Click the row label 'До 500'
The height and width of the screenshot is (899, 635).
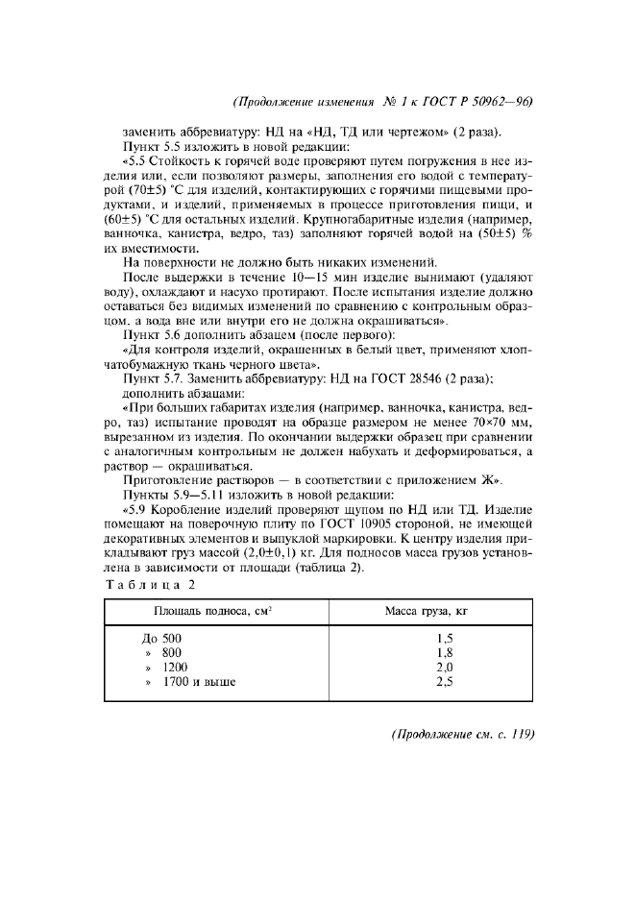click(160, 638)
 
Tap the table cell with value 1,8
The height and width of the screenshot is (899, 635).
click(444, 652)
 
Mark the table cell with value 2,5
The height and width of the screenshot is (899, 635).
click(444, 682)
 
